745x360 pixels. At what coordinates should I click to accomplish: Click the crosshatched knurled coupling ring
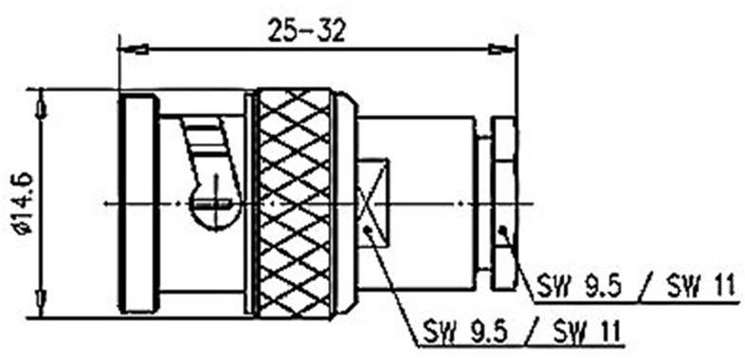pos(295,203)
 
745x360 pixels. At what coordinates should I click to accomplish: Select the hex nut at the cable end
pos(504,203)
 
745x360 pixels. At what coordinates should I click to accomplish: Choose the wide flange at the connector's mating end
pos(138,203)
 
